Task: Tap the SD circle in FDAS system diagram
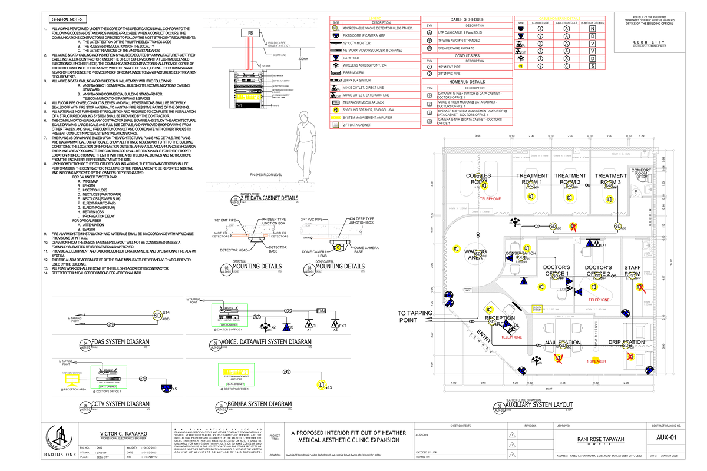click(157, 315)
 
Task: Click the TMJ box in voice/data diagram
click(322, 310)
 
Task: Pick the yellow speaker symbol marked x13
click(321, 385)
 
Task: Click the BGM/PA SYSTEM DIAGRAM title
click(263, 404)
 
